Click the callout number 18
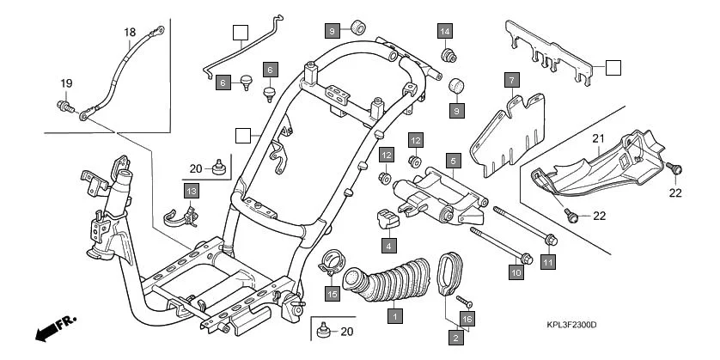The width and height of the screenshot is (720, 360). click(130, 34)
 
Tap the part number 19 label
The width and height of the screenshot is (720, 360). click(65, 82)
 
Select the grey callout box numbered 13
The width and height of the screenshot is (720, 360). click(191, 190)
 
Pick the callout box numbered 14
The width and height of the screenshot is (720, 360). click(444, 32)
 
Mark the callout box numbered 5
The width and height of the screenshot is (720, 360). click(453, 159)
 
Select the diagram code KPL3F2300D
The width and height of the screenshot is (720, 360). click(571, 325)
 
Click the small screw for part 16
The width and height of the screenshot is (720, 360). click(463, 301)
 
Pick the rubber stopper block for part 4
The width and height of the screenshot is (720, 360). click(387, 218)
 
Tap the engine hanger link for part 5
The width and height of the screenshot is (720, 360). click(436, 196)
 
